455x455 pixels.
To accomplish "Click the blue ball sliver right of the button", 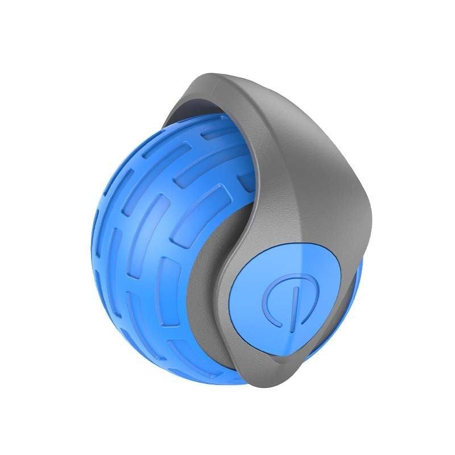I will click(x=355, y=296).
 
